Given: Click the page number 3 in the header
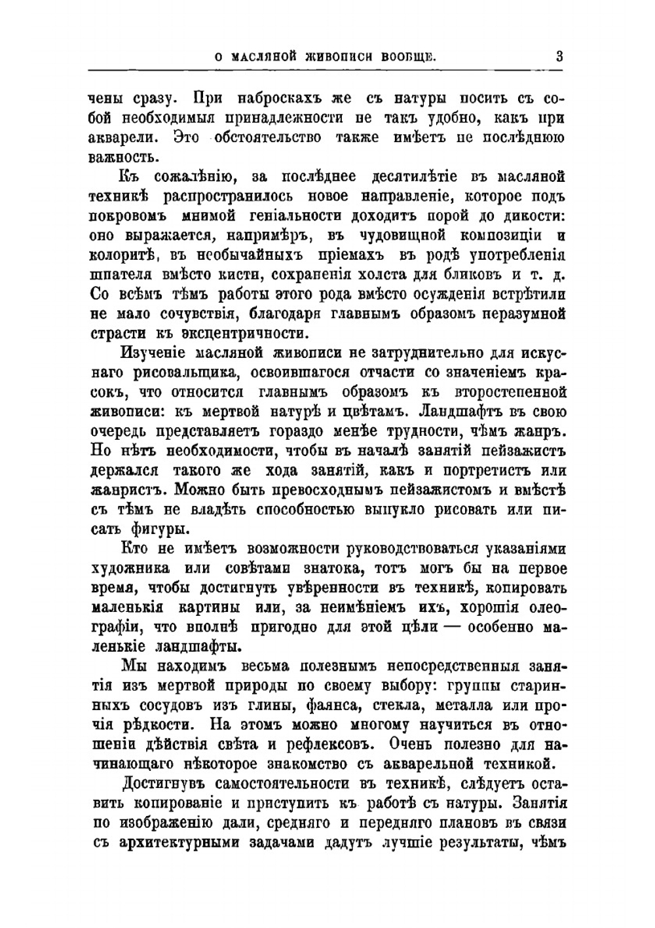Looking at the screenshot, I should (559, 56).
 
